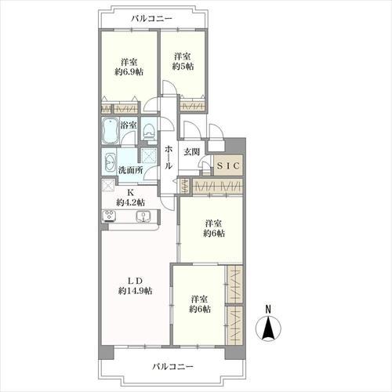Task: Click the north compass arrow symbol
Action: (x=268, y=328)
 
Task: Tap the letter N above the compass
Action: (x=268, y=309)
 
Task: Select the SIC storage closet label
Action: (x=228, y=165)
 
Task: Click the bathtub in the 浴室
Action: (x=110, y=130)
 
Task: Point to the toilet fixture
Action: (x=149, y=130)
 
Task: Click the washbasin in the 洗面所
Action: (x=110, y=162)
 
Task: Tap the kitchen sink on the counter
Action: (x=143, y=216)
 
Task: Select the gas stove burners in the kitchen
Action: (x=109, y=216)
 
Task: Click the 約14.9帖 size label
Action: (x=135, y=291)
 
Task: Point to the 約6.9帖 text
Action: (x=129, y=72)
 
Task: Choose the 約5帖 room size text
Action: (x=183, y=66)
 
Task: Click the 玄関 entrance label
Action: (x=191, y=151)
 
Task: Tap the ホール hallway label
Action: (x=169, y=158)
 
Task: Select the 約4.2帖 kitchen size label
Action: (x=130, y=202)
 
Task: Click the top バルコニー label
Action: (x=151, y=19)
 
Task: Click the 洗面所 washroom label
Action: (x=130, y=170)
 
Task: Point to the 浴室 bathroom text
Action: (x=129, y=125)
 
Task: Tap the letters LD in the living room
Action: (x=135, y=281)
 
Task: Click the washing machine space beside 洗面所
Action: (x=149, y=156)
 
